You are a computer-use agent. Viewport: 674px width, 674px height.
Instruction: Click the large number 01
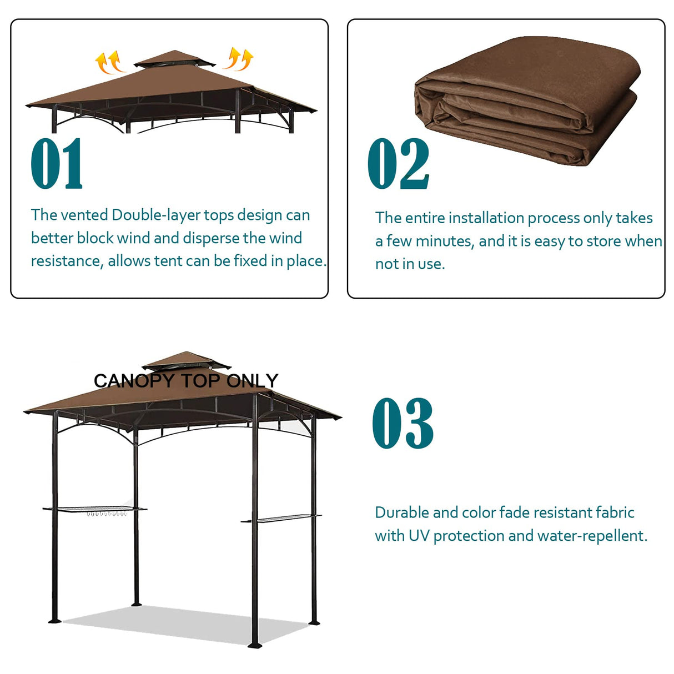point(57,164)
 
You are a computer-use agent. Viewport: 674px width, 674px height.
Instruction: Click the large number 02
point(398,164)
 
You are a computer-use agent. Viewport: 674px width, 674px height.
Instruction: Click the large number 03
point(403,423)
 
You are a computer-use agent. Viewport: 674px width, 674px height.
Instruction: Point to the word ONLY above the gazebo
point(253,381)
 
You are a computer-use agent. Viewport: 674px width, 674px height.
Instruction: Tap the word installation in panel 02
point(486,218)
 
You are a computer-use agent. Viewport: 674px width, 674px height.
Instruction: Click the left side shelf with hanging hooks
point(94,509)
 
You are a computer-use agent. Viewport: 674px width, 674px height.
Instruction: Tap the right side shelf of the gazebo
point(281,520)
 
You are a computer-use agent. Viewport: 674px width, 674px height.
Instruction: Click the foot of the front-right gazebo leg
point(255,645)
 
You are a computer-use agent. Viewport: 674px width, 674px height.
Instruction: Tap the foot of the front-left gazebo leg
point(54,619)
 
